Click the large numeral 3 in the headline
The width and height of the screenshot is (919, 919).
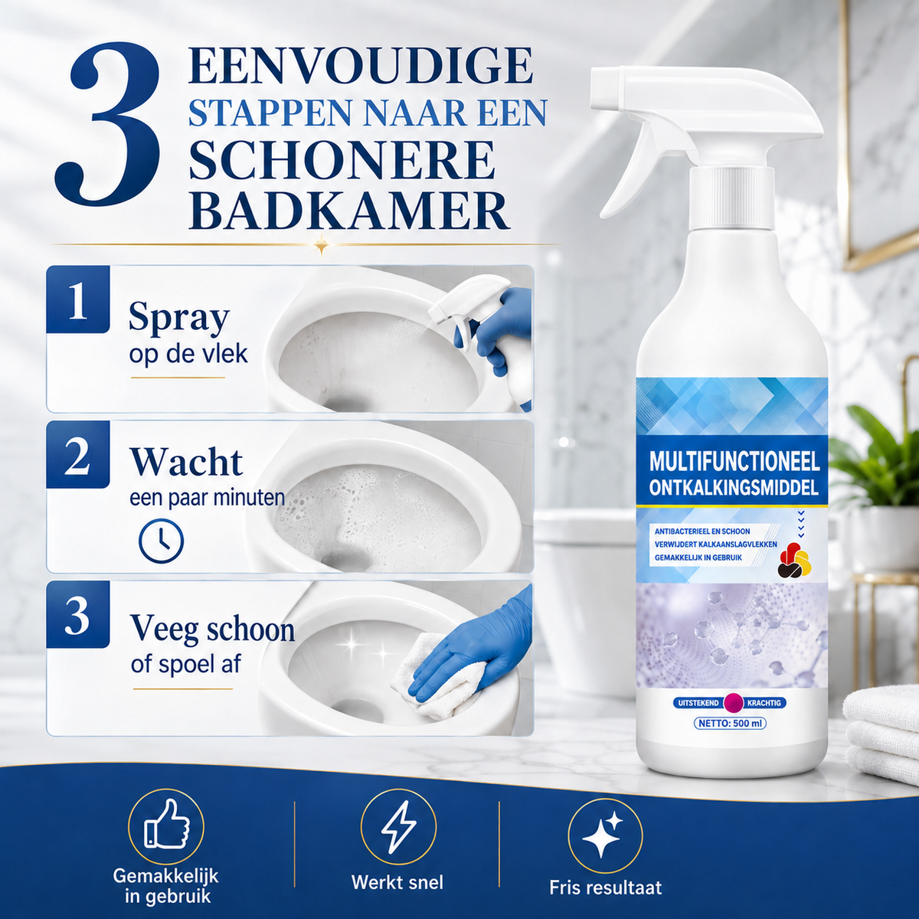pos(108,125)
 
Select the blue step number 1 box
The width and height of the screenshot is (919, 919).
pos(78,299)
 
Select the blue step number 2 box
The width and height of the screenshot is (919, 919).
pos(78,454)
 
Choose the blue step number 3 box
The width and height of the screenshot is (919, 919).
pos(78,614)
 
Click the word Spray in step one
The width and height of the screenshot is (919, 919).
pos(179,318)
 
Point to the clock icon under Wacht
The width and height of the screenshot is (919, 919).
pos(161,541)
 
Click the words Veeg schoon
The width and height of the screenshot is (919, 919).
pos(213,629)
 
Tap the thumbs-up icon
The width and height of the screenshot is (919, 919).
pos(166,823)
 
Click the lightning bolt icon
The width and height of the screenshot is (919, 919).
pos(398,826)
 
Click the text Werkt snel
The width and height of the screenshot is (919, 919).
pos(397,882)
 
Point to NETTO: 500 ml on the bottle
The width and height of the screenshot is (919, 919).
pos(730,723)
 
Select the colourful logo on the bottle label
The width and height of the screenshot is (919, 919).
pos(794,559)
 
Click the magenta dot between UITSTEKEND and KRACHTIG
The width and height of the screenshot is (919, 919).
pos(733,702)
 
